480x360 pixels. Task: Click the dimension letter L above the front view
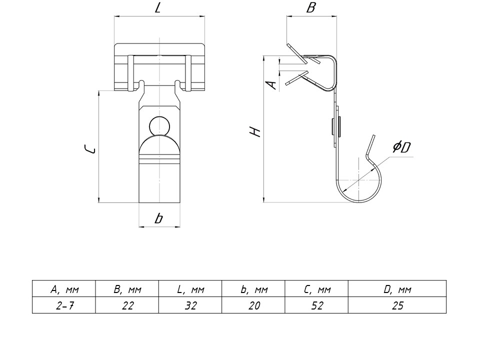(x=158, y=8)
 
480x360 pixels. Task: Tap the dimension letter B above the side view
(x=311, y=8)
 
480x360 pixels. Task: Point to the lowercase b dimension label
(x=158, y=218)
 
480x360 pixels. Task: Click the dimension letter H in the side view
(x=255, y=132)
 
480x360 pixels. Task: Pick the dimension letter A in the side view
(x=272, y=84)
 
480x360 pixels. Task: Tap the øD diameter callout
(x=401, y=147)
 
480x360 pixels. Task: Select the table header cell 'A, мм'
(x=64, y=289)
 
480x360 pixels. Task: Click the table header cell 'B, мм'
(x=127, y=289)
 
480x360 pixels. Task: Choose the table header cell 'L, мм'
(x=190, y=289)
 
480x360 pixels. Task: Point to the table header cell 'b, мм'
(x=254, y=289)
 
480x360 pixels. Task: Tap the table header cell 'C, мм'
(x=317, y=289)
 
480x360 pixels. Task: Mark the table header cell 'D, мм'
(x=397, y=289)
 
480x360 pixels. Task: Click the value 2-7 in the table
(x=64, y=305)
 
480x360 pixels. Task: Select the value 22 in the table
(x=127, y=305)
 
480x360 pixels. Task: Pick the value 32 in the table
(x=190, y=305)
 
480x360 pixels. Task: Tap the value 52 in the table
(x=317, y=305)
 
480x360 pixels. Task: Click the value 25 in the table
(x=397, y=305)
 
